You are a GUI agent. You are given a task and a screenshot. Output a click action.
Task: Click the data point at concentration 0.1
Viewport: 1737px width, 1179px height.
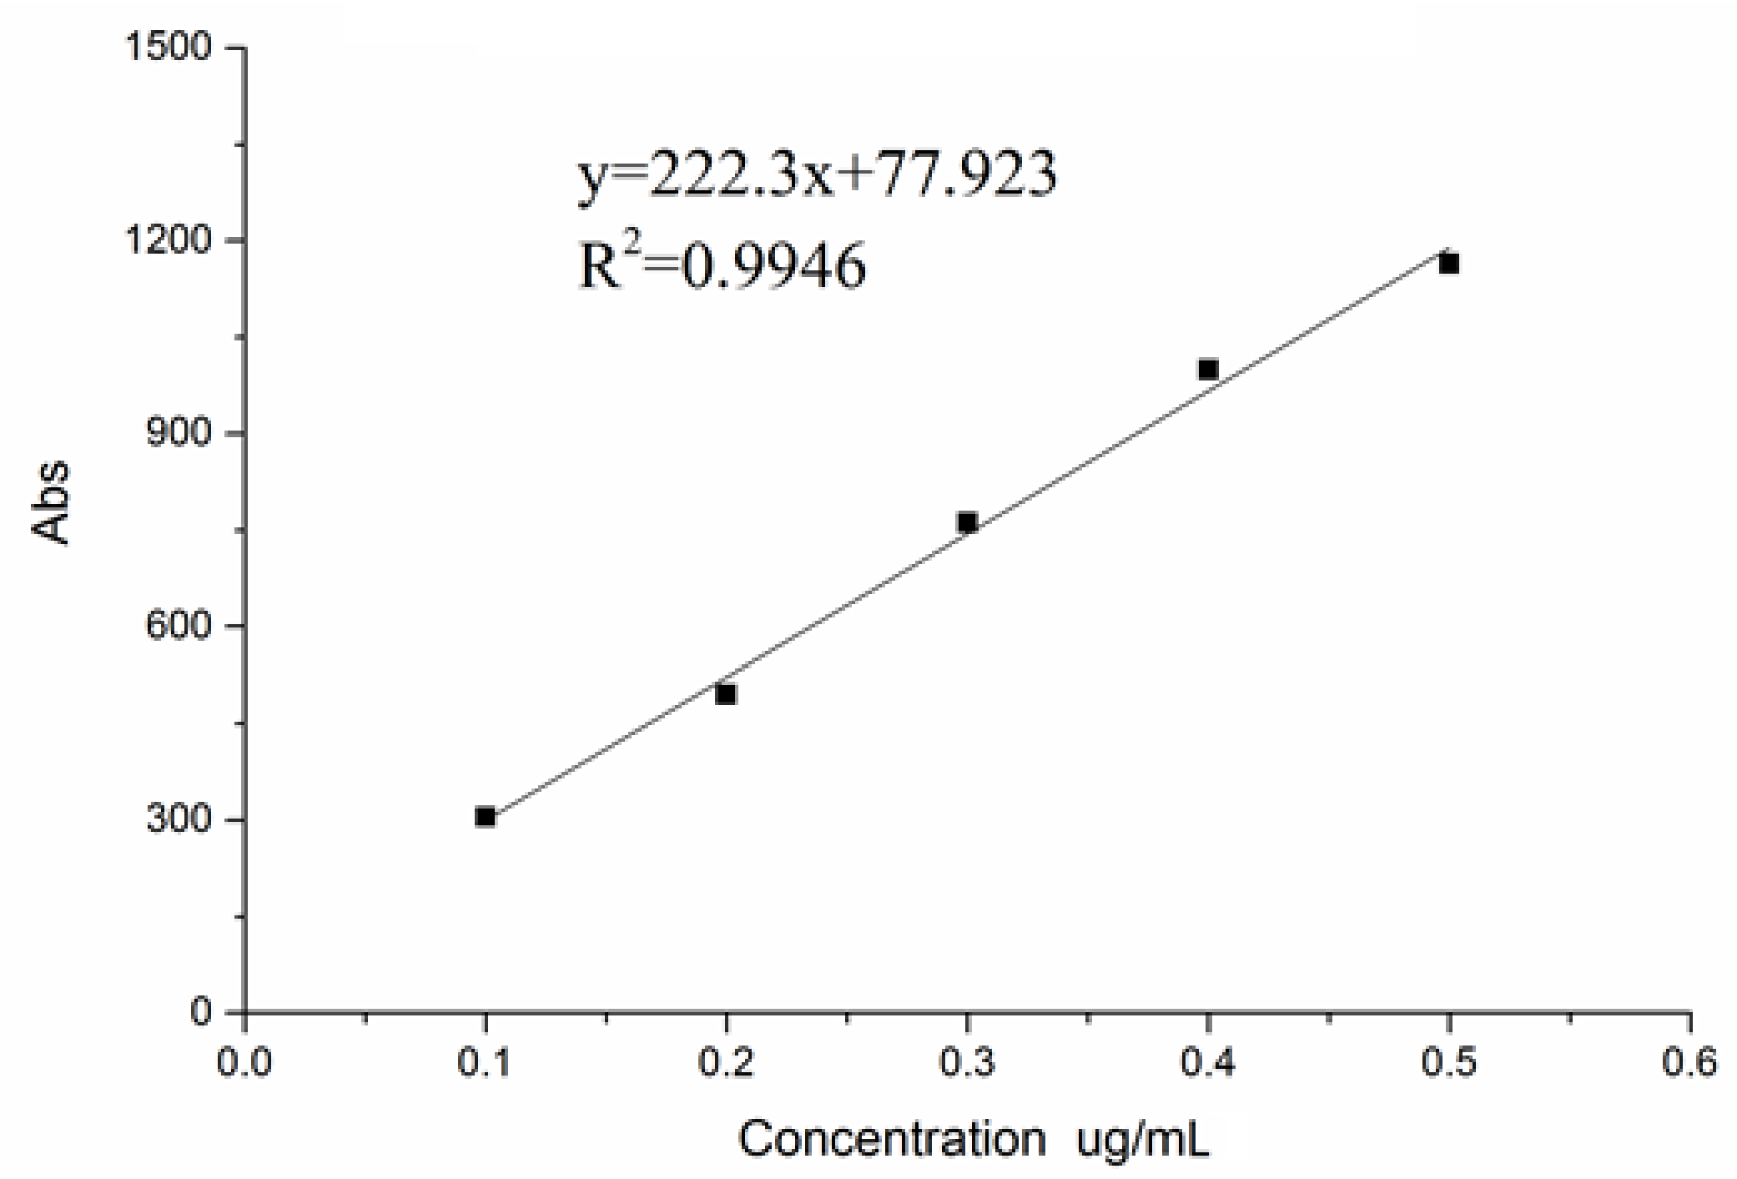point(485,817)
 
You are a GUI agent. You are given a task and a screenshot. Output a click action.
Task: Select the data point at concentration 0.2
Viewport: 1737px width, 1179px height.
point(726,694)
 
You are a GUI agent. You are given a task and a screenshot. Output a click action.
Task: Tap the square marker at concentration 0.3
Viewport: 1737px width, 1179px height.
point(967,522)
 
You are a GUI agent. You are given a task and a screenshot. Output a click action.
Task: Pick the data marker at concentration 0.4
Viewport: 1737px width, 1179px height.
point(1208,369)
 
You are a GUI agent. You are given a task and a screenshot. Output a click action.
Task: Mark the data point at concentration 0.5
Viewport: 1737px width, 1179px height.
point(1449,264)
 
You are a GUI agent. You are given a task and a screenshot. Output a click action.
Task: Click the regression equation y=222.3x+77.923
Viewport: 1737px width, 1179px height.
point(818,175)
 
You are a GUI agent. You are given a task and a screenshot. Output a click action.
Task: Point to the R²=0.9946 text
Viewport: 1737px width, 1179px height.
point(722,265)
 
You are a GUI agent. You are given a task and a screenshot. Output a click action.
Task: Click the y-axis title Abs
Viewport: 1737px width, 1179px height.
point(52,503)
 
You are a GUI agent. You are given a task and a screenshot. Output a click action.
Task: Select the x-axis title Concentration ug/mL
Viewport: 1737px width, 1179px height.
point(973,1139)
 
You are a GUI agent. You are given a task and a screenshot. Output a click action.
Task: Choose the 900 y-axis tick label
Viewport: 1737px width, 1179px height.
point(178,434)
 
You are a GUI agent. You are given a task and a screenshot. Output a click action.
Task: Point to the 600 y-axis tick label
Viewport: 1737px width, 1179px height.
point(178,627)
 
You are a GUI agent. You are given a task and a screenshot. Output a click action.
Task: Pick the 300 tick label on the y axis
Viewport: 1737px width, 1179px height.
point(178,819)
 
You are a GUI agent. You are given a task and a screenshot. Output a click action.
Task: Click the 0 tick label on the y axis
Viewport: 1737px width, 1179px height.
point(201,1012)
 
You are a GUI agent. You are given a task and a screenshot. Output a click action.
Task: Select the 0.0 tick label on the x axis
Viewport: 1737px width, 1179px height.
point(244,1063)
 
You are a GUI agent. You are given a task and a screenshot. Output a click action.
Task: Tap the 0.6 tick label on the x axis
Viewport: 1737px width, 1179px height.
point(1689,1063)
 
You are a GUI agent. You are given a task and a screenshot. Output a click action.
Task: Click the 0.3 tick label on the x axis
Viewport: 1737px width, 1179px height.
point(967,1063)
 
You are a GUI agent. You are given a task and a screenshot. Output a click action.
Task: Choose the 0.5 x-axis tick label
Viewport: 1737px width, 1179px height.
point(1449,1063)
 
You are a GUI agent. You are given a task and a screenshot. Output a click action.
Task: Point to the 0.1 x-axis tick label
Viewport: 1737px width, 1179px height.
point(485,1063)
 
